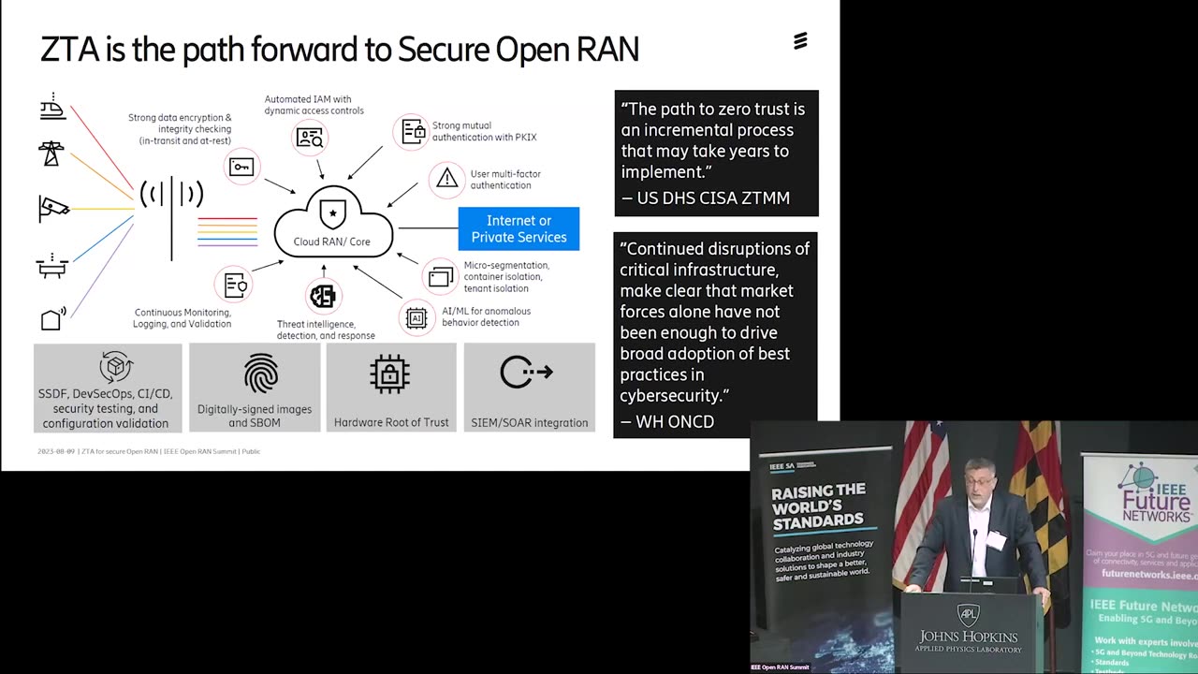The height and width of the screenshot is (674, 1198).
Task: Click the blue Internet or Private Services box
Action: tap(519, 228)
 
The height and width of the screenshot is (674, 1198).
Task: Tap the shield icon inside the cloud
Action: tap(332, 212)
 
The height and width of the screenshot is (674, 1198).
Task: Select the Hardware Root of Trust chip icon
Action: tap(390, 374)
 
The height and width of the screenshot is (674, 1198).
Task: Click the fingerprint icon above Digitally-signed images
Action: tap(261, 374)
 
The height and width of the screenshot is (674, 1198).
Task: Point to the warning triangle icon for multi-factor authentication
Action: tap(447, 178)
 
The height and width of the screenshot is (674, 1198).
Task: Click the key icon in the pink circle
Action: tap(241, 168)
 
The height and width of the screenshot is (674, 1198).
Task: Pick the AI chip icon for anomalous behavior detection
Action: tap(416, 317)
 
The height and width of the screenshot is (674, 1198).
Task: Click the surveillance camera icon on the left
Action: tap(53, 208)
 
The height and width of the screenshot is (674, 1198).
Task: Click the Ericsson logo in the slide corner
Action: tap(800, 40)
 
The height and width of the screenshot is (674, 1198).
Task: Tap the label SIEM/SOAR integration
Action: tap(530, 422)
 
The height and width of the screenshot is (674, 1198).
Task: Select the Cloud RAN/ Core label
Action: tap(332, 242)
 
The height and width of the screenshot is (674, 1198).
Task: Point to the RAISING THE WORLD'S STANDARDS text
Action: tap(817, 505)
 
